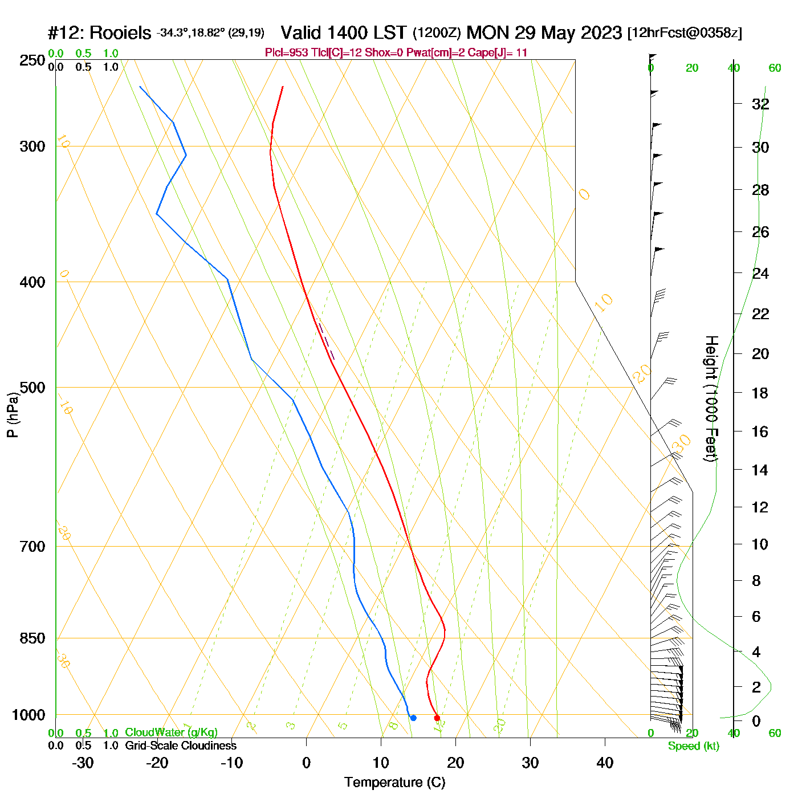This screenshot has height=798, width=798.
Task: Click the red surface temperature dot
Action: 437,718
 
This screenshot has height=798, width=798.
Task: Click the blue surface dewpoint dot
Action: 413,718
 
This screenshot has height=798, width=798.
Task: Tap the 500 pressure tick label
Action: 32,388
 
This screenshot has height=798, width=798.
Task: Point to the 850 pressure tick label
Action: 32,638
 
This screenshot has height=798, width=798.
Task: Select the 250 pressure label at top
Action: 32,60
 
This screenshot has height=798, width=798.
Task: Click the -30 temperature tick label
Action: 83,763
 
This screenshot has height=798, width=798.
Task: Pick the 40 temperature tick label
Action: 605,763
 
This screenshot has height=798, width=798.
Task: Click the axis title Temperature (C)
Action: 394,782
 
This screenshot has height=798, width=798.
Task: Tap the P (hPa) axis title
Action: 13,414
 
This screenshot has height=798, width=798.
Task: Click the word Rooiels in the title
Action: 120,32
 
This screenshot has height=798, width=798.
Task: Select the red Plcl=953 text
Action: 288,53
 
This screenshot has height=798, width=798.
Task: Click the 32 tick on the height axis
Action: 760,104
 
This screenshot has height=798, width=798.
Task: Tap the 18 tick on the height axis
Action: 760,393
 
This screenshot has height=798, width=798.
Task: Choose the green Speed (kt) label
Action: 694,746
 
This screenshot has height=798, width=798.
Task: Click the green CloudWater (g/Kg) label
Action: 171,732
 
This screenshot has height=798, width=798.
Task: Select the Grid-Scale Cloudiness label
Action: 181,746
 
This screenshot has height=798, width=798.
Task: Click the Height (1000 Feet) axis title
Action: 711,398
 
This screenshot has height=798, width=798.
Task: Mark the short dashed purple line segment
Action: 327,341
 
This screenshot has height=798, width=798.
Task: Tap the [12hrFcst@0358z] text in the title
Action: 685,32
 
